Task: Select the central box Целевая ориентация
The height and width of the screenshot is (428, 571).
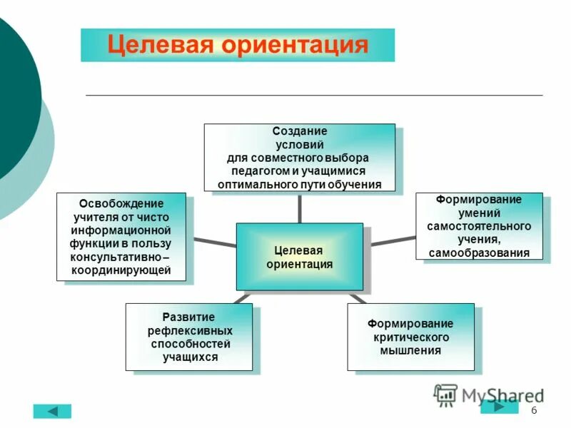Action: tap(299, 257)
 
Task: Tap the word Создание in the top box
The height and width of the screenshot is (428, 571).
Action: tap(299, 131)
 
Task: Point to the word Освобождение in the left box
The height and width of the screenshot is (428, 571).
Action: tap(121, 204)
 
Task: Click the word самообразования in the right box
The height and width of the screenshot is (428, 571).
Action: tap(479, 253)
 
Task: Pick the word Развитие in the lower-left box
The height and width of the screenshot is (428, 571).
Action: tap(188, 317)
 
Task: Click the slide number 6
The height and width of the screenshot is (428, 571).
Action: tap(534, 412)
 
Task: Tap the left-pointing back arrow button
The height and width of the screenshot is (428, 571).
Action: tap(52, 411)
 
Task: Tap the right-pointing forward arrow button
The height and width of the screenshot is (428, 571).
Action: tap(499, 407)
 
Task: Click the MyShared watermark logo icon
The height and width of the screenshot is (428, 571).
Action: tap(445, 394)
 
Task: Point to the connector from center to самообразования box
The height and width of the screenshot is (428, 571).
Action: tap(393, 241)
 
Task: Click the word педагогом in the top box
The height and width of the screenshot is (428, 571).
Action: tap(261, 171)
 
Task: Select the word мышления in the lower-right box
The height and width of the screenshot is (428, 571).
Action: tap(410, 350)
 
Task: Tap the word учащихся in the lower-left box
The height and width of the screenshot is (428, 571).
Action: tap(189, 357)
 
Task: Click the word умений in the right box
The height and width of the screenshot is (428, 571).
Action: tap(479, 212)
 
